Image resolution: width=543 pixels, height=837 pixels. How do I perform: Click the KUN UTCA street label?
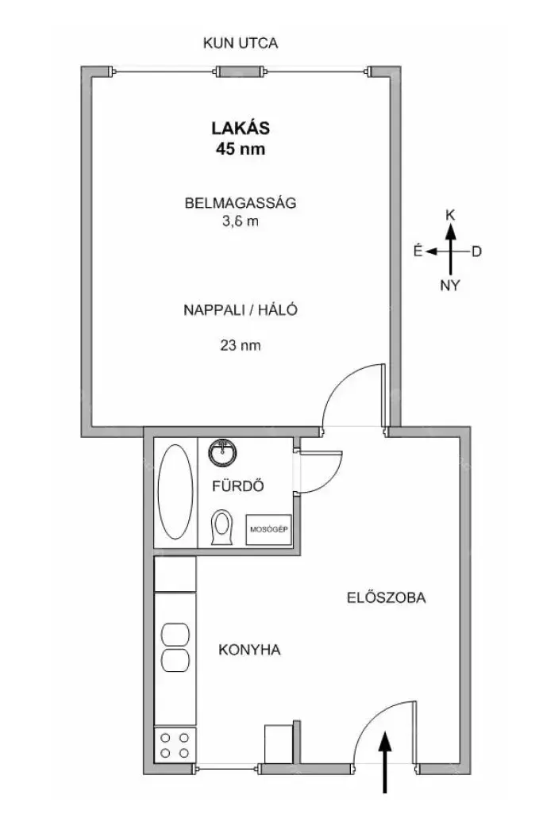pos(241,43)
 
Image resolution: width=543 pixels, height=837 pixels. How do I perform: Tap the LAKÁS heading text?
pos(241,128)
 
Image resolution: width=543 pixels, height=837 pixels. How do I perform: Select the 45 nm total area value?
pos(241,149)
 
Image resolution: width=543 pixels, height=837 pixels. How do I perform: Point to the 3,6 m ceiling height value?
pos(241,221)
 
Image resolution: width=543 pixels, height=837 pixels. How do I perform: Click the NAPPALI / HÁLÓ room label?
pos(241,310)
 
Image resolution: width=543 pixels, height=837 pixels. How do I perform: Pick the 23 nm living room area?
pos(241,345)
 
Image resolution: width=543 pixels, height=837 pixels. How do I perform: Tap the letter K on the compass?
pos(450,214)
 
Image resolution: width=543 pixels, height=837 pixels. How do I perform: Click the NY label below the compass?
pos(450,286)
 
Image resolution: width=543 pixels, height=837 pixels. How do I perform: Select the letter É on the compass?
pos(418,251)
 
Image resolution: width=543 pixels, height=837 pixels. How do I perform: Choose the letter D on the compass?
pos(476,251)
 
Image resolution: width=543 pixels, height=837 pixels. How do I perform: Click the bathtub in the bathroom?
pos(175,492)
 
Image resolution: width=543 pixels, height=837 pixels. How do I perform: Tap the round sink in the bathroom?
pos(222,452)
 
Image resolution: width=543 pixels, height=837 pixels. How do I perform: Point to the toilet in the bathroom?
pos(222,528)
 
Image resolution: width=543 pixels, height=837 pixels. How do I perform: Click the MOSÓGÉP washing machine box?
pos(268,529)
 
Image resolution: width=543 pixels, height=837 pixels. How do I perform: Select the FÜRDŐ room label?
pos(238,486)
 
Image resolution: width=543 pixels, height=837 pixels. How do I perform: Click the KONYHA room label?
pos(249,650)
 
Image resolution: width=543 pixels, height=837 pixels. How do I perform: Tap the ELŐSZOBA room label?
pos(387,597)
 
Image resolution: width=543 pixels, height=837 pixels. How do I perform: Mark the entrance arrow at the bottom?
pos(385,763)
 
